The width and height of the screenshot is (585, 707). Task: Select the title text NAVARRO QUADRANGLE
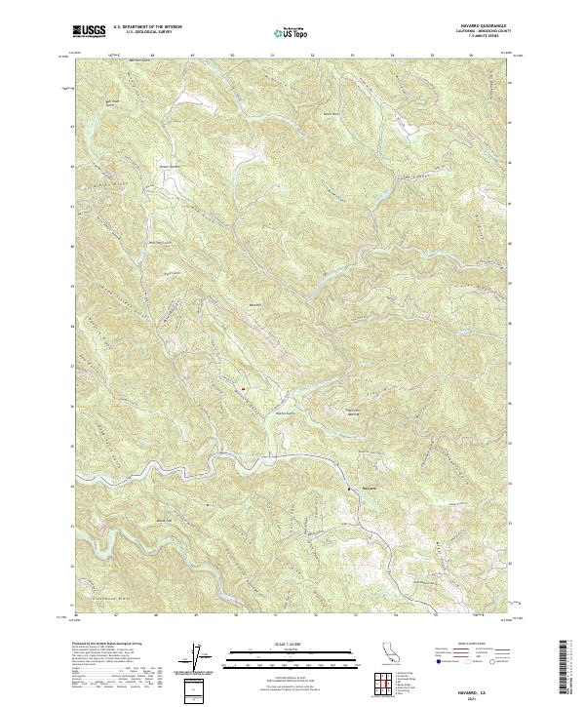coord(485,23)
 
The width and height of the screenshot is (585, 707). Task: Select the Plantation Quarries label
coord(362,411)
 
